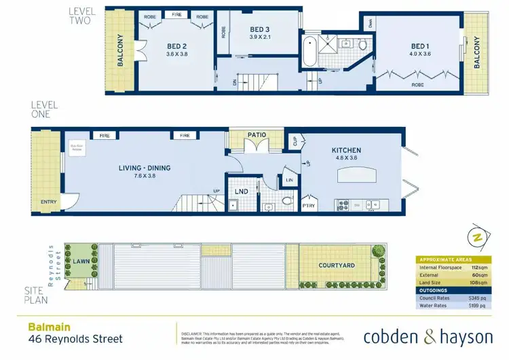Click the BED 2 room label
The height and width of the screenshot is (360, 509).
(x=177, y=46)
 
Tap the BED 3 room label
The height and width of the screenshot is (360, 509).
(x=260, y=29)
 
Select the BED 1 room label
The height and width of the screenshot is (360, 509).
(x=419, y=46)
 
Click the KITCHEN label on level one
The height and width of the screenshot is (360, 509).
(x=346, y=150)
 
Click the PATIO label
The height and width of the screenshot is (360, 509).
(x=256, y=135)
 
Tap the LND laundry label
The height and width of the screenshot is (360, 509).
(x=241, y=192)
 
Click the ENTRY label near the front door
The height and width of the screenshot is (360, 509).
(x=49, y=202)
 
